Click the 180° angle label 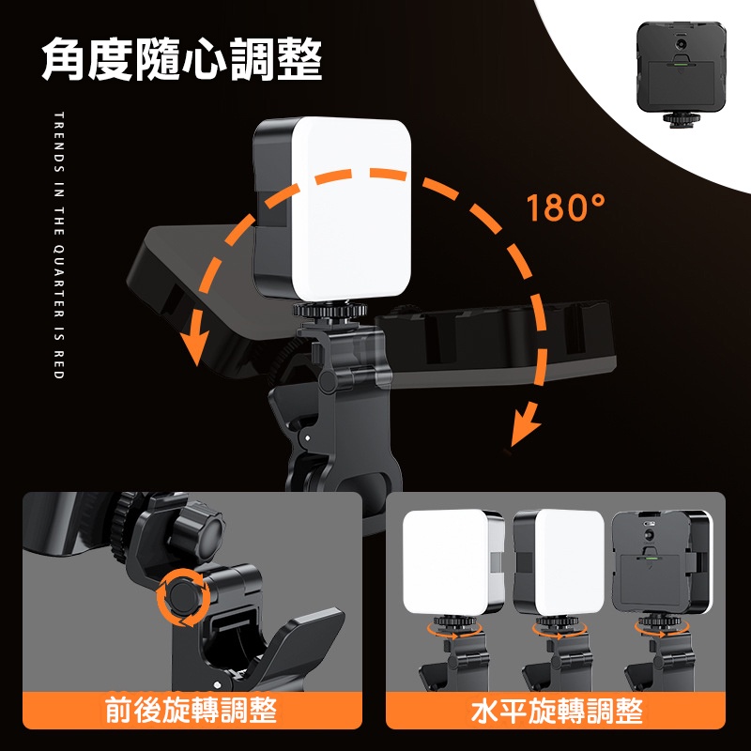[565, 207]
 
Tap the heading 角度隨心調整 [181, 59]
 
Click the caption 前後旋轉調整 [192, 710]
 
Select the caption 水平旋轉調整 [557, 711]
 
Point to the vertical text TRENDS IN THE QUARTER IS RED [59, 245]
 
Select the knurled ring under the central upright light [330, 311]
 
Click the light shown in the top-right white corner [681, 73]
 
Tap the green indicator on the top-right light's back [681, 62]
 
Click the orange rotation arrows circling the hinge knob [183, 597]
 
